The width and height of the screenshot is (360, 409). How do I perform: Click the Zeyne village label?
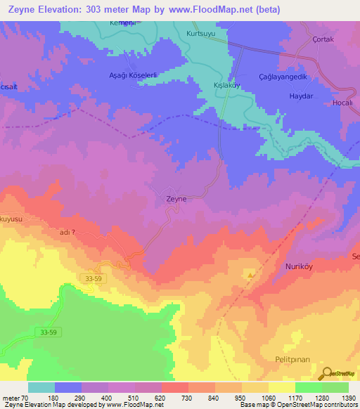[x=176, y=199]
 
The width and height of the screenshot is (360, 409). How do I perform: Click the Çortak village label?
[x=323, y=39]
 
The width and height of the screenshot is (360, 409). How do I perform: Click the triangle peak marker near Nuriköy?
[x=249, y=274]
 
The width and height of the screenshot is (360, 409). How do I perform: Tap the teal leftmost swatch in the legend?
[x=41, y=387]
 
